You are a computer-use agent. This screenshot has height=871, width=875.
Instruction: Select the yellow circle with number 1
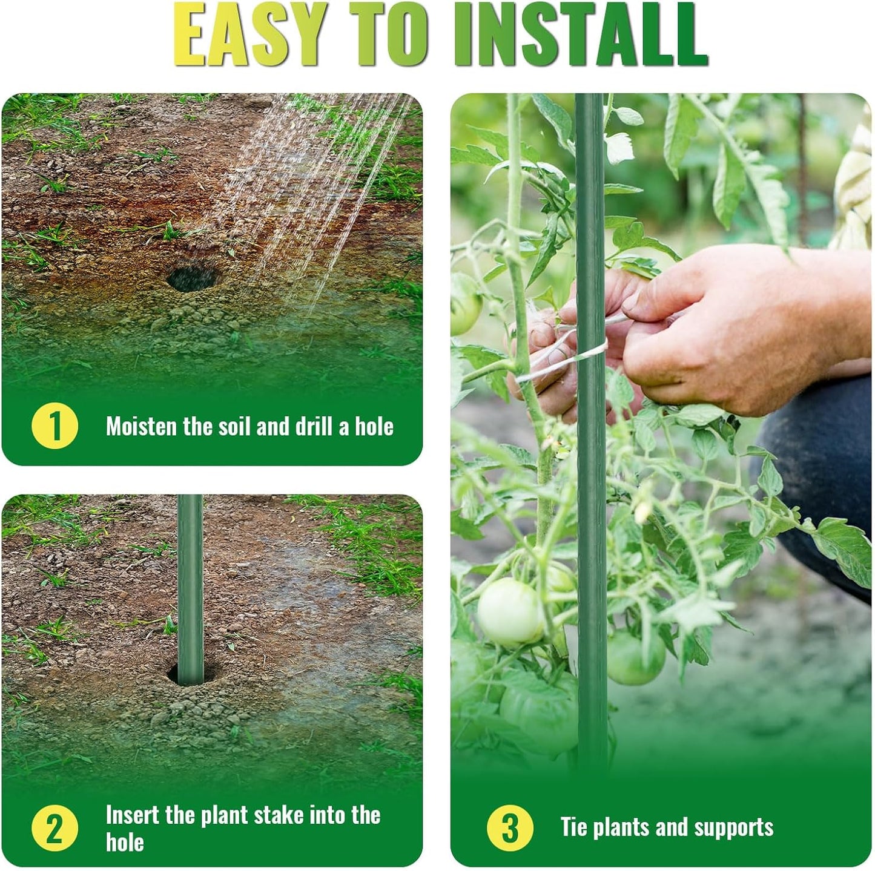point(54,426)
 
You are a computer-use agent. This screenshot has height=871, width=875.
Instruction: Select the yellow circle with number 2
point(54,828)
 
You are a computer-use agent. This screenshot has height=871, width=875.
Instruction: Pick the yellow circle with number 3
point(510,827)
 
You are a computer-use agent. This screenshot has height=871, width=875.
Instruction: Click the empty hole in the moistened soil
point(192,278)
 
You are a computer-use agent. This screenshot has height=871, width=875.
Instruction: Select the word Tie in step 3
point(573,827)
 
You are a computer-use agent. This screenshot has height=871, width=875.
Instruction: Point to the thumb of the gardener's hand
point(660,297)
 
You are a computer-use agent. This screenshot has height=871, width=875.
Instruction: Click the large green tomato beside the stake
point(510,611)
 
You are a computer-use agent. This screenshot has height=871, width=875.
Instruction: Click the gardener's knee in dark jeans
point(811,472)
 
